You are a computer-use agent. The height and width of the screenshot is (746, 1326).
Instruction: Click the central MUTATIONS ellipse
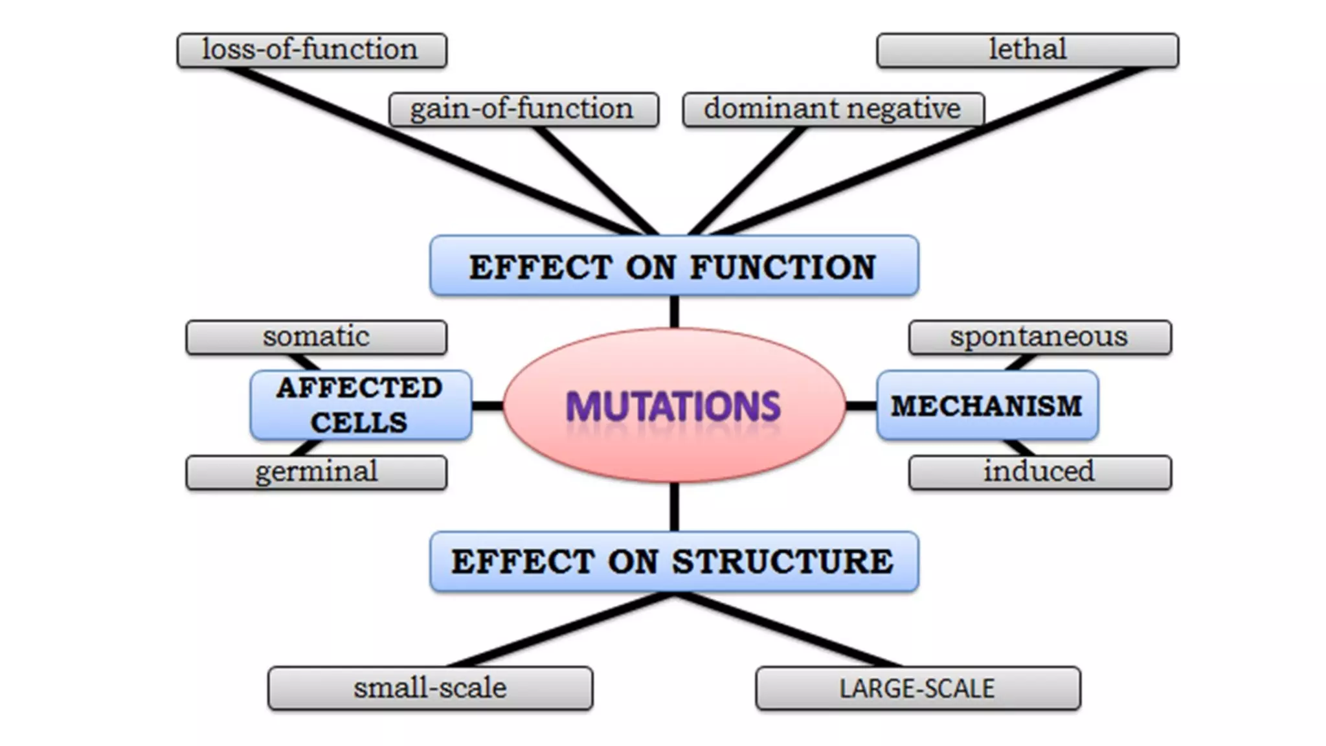coord(673,405)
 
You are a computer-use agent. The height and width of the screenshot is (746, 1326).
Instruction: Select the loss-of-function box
coord(311,51)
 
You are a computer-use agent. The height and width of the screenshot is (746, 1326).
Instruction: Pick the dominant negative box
coord(833,109)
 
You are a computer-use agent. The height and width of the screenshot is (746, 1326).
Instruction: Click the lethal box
coord(1027,51)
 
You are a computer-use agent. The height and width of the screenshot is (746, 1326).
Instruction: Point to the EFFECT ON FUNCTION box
coord(673,266)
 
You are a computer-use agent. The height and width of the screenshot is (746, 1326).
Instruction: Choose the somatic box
coord(316,337)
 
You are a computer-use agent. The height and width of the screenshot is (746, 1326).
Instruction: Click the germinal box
coord(316,472)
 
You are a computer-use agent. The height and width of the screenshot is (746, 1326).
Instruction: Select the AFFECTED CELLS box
coord(360,405)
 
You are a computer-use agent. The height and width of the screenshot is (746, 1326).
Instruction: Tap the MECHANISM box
coord(987,406)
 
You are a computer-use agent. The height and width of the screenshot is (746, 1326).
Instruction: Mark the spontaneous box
coord(1039,337)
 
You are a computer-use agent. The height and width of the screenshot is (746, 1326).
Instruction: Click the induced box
coord(1039,472)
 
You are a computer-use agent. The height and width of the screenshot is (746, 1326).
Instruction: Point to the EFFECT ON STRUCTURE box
coord(673,561)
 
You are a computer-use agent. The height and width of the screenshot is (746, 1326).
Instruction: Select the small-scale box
coord(430,688)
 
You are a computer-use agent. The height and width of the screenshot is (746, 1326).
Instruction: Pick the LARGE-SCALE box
coord(917,688)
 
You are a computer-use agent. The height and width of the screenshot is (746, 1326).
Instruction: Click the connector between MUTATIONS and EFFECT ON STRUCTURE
coord(674,507)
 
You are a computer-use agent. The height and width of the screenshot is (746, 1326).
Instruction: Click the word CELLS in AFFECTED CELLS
coord(359,423)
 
